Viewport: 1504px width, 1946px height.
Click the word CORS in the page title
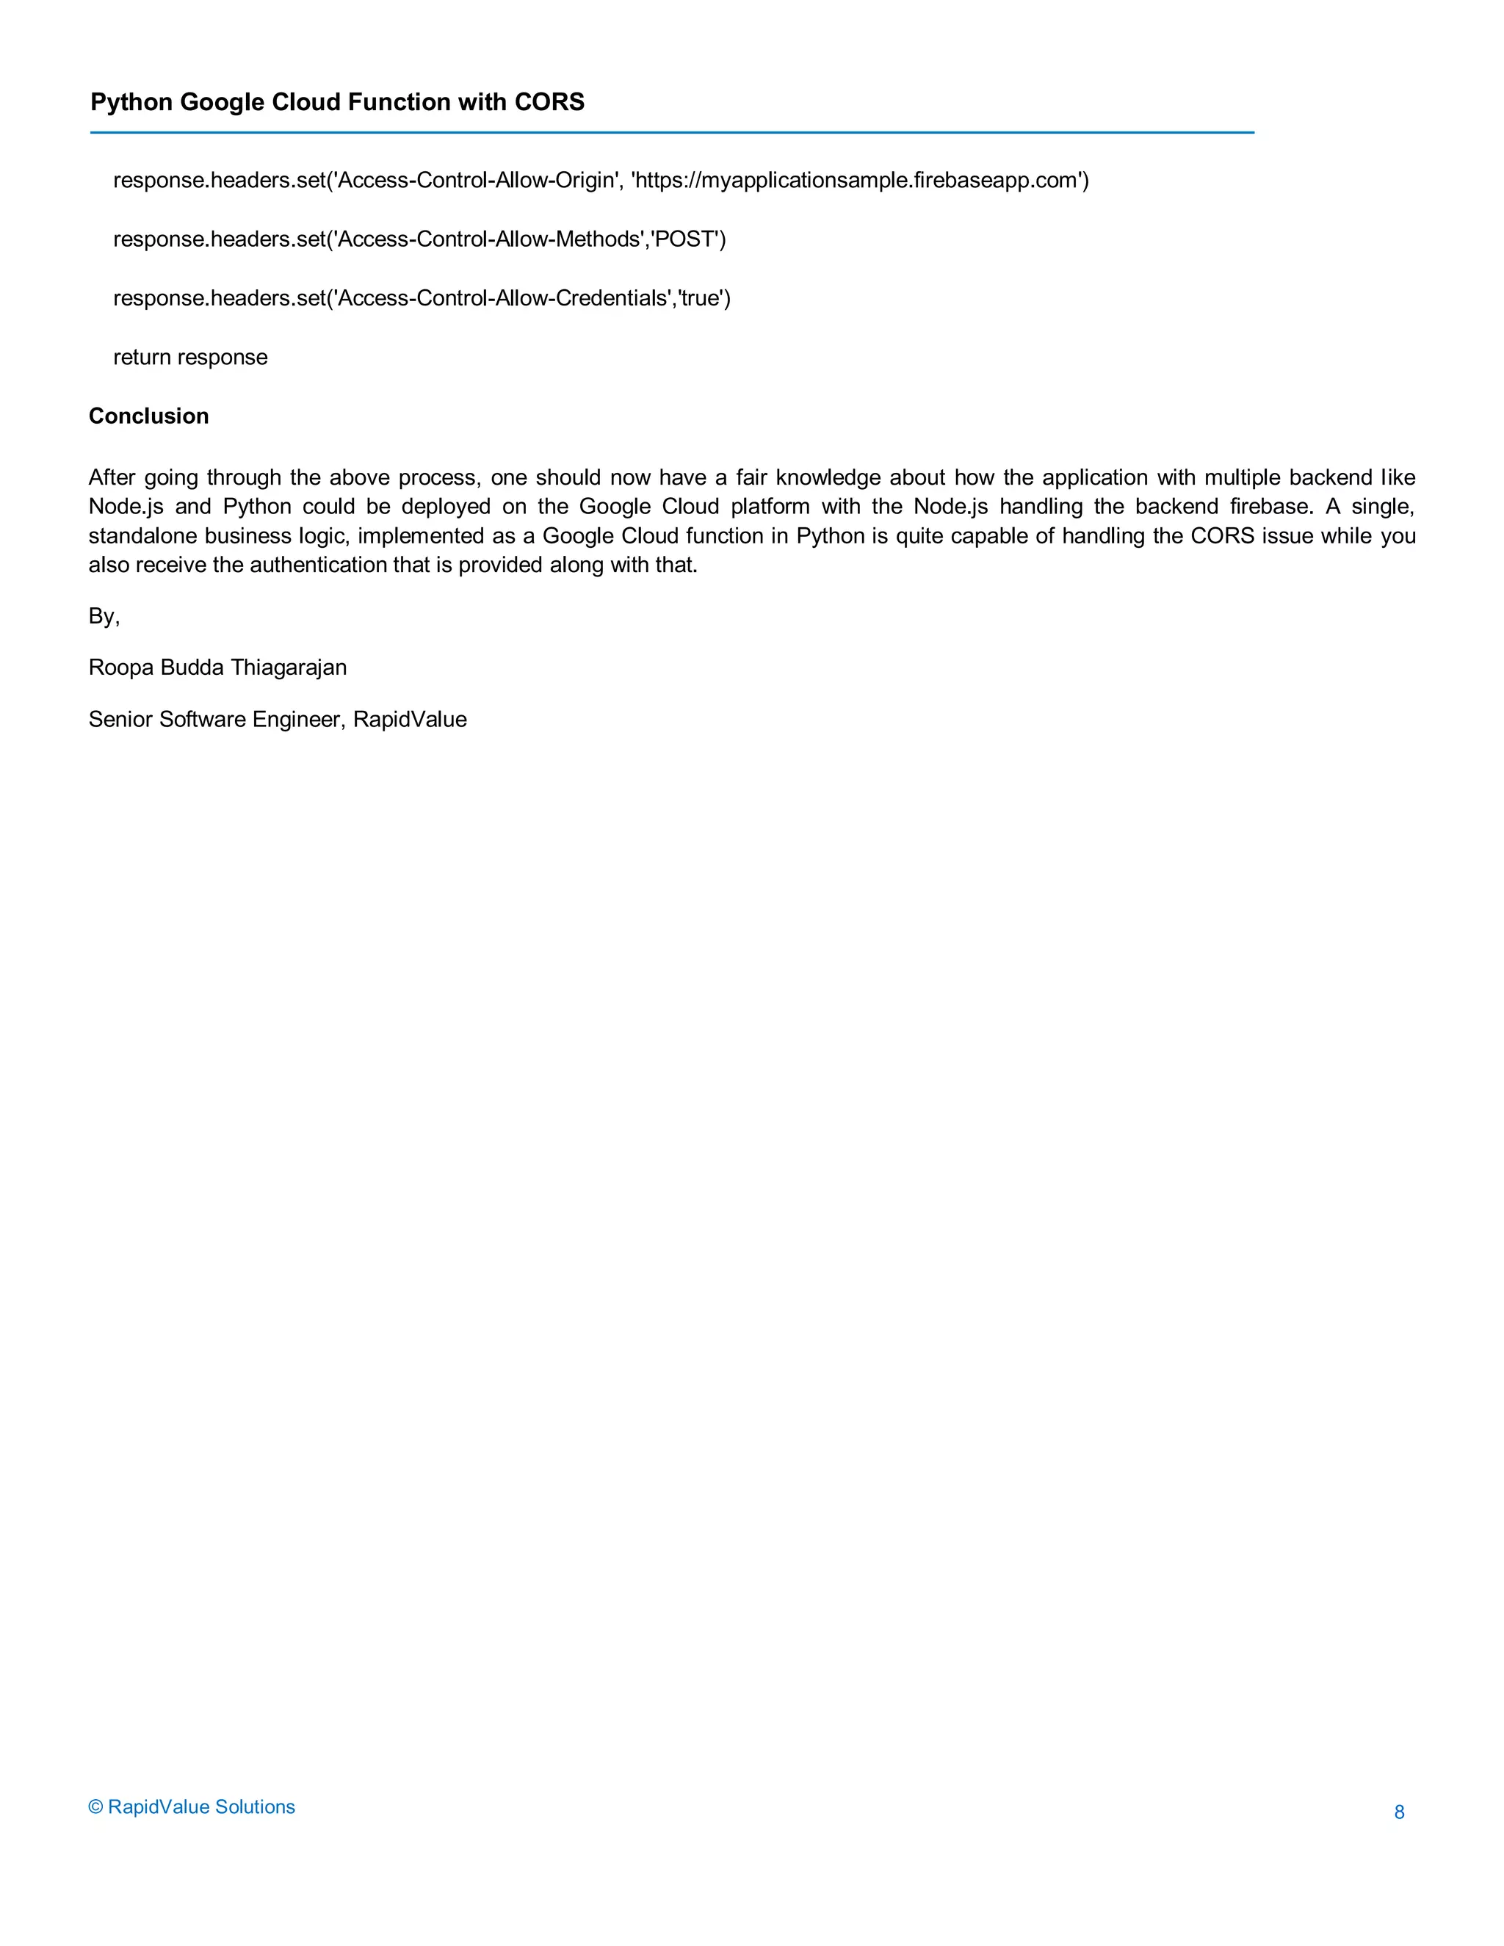550,103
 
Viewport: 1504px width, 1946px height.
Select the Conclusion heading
149,416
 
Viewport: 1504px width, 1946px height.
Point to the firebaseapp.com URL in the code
856,181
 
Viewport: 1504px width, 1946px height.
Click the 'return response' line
189,358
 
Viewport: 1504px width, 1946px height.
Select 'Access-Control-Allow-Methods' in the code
489,239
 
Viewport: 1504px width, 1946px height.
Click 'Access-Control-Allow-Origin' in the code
476,181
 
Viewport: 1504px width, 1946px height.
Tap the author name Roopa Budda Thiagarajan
217,668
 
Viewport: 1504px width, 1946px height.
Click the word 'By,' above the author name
104,617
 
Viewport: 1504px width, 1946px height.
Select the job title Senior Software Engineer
214,719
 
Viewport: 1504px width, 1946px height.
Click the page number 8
1399,1812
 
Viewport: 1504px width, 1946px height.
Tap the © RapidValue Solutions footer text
192,1806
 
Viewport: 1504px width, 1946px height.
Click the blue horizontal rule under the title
672,133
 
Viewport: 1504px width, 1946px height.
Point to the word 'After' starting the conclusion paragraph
112,477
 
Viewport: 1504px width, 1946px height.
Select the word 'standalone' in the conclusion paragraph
142,535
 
